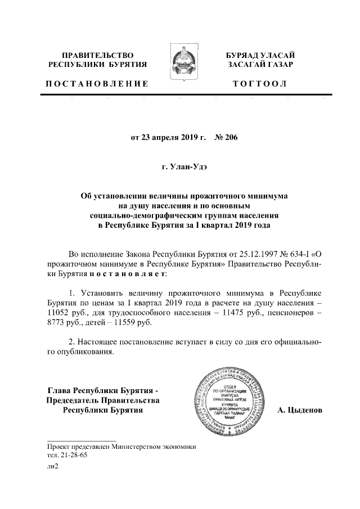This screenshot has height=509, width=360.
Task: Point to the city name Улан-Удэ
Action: [185, 167]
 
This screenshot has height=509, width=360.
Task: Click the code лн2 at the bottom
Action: [53, 466]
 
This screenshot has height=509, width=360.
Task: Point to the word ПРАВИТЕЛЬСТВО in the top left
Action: [97, 55]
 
